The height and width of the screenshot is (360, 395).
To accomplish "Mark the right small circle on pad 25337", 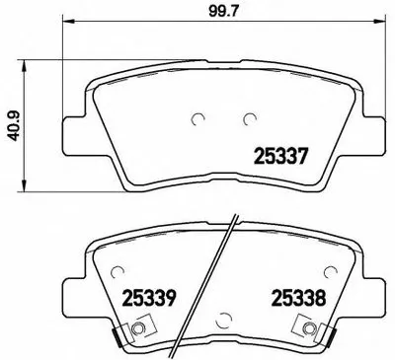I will tap(247, 120).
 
